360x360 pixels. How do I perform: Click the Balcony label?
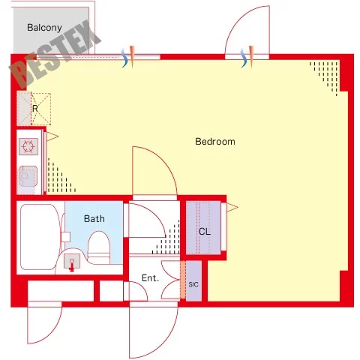coord(44,28)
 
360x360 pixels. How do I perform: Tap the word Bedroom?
coord(215,142)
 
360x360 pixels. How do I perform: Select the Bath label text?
coord(94,219)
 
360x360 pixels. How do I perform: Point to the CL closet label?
coord(205,232)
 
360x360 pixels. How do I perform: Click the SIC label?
coord(193,284)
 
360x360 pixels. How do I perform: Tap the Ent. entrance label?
coord(150,278)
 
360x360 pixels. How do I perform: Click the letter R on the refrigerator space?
coord(35,109)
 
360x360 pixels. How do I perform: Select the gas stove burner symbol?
coord(28,146)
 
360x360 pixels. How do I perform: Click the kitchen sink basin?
coord(28,176)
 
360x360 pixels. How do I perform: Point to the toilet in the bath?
coord(99,247)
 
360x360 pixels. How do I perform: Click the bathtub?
coord(40,237)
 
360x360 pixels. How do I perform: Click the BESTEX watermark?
coord(55,54)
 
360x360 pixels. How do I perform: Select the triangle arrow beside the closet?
coord(232,207)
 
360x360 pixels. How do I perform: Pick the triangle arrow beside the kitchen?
coord(52,136)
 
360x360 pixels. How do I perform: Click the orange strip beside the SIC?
coord(183,280)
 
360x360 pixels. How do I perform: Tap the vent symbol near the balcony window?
coord(128,57)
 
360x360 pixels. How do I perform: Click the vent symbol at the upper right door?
coord(247,57)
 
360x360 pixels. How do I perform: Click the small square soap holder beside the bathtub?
coord(66,236)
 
